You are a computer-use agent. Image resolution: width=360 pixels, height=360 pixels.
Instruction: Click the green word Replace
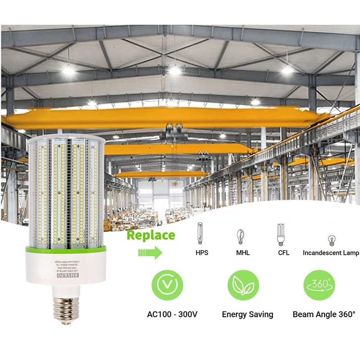[x=151, y=235]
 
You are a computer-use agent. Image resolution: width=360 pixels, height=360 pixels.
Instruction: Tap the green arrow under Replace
[x=150, y=252]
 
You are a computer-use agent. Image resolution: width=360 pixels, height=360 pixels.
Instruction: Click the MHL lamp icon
[x=241, y=236]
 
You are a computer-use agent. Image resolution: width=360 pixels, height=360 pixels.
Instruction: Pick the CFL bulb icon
[x=281, y=234]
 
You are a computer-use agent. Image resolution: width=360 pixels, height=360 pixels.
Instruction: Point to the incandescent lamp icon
[x=332, y=239]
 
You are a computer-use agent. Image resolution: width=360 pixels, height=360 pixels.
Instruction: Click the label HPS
[x=202, y=253]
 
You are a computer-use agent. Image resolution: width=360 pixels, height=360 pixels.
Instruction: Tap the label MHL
[x=242, y=253]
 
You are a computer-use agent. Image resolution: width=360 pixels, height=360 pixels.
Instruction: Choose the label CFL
[x=283, y=253]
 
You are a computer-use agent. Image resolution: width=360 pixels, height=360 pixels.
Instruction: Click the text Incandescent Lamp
[x=331, y=253]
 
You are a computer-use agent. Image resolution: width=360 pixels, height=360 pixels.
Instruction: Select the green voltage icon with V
[x=167, y=285]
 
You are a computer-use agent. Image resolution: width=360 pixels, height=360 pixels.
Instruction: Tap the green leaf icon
[x=243, y=285]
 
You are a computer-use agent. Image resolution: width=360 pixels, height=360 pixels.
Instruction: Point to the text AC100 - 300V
[x=172, y=314]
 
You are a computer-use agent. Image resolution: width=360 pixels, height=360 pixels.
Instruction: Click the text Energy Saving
[x=247, y=314]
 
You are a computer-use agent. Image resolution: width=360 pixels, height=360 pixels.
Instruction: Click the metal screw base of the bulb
[x=66, y=308]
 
